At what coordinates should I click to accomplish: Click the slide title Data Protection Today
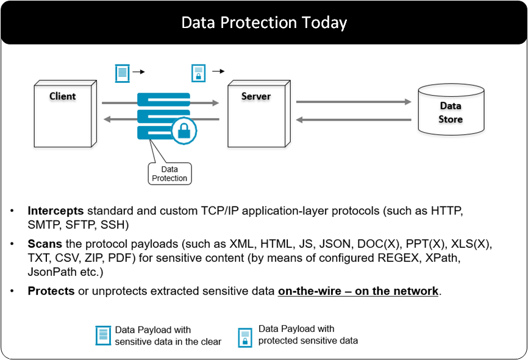(x=264, y=23)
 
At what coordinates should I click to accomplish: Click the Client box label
(x=63, y=96)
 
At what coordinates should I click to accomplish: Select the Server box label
(x=256, y=96)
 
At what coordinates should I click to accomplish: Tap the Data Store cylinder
(x=451, y=112)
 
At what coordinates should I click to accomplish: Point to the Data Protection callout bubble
(x=169, y=174)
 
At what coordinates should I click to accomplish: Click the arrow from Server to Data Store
(x=354, y=102)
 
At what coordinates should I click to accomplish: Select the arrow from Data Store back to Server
(x=354, y=120)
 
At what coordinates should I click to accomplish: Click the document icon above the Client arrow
(x=123, y=73)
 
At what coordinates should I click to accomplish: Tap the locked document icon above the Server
(x=198, y=73)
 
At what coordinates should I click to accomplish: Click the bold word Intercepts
(x=55, y=211)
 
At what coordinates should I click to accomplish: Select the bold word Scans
(x=45, y=244)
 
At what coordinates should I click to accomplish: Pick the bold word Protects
(x=51, y=291)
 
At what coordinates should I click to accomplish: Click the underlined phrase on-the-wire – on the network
(x=358, y=291)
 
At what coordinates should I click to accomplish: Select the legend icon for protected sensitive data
(x=245, y=337)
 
